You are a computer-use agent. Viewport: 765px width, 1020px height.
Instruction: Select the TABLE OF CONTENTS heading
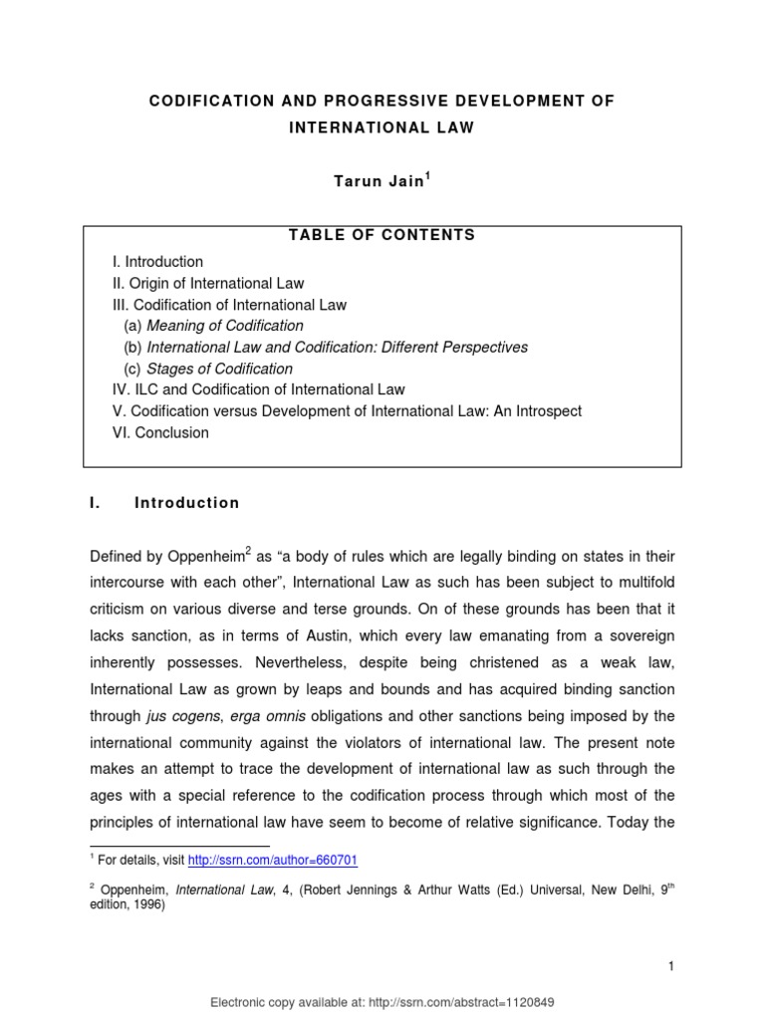(x=382, y=236)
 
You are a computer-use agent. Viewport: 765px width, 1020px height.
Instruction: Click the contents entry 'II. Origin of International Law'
(x=208, y=283)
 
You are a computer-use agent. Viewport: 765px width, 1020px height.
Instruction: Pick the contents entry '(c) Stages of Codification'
(x=208, y=369)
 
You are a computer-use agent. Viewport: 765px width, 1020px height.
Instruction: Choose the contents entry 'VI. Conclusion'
(x=160, y=432)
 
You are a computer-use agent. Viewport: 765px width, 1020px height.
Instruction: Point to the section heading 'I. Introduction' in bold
(x=164, y=503)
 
